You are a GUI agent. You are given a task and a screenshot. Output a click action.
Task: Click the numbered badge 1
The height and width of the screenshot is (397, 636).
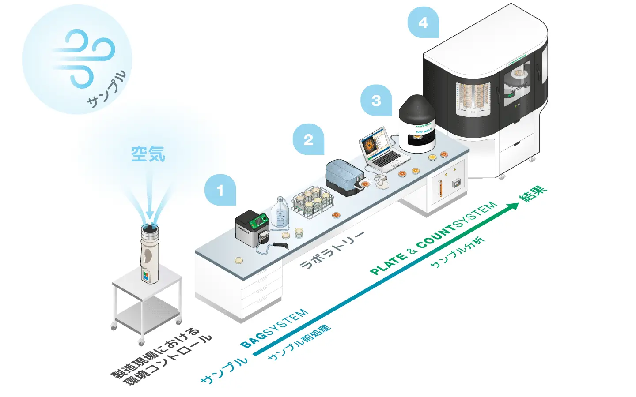220,190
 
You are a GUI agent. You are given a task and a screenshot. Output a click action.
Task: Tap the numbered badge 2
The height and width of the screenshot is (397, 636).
308,139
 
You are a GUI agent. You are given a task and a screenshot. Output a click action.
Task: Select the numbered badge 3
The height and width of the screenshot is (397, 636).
376,101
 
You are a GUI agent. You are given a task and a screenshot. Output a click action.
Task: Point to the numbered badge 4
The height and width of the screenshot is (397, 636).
423,22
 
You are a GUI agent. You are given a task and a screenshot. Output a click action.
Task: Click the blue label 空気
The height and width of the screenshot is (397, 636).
148,154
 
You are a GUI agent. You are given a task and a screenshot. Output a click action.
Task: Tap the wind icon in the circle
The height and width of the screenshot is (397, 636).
84,57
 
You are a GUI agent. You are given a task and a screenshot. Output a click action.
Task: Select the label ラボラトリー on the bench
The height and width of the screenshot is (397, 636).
332,250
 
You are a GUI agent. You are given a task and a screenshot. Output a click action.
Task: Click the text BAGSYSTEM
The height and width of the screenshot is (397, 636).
274,329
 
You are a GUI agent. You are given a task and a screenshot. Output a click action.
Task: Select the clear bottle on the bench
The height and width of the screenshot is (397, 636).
280,213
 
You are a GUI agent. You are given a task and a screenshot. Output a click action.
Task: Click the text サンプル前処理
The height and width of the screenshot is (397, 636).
299,343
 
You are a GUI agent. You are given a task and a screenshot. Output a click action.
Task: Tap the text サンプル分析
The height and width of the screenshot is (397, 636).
458,252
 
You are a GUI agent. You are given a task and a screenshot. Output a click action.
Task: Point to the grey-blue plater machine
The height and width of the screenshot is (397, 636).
345,176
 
